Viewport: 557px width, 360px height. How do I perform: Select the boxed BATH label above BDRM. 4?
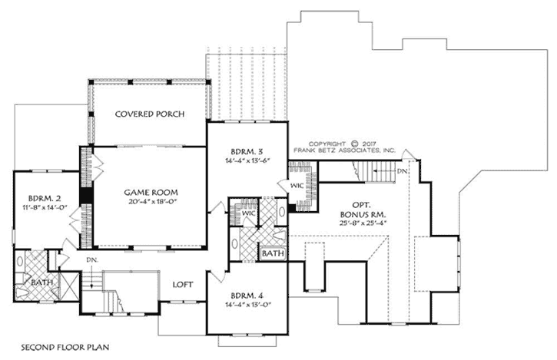(271, 253)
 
